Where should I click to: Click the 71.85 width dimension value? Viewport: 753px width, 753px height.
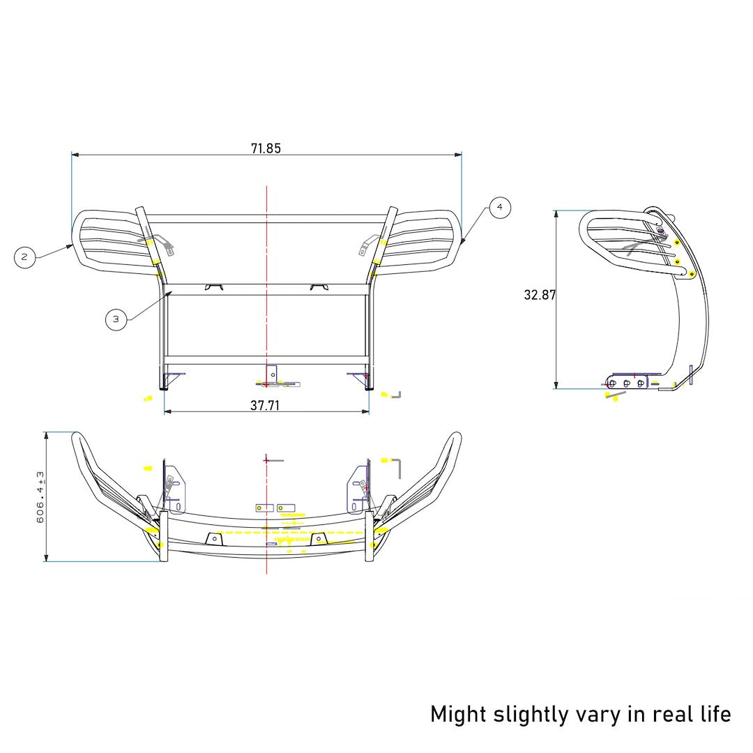click(x=266, y=148)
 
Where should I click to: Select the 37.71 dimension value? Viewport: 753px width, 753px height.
click(x=265, y=405)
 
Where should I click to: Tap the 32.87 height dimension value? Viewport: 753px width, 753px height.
click(x=540, y=295)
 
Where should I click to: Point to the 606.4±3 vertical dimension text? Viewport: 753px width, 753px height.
click(x=40, y=496)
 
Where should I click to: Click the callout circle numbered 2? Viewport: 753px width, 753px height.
click(x=24, y=257)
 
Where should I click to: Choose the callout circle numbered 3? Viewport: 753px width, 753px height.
click(x=116, y=320)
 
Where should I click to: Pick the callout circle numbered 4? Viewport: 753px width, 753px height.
click(x=500, y=208)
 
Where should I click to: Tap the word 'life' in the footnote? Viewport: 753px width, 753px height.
click(x=713, y=714)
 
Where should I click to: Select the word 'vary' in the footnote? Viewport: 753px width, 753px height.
click(x=601, y=715)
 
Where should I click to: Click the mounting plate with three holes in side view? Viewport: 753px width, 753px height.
click(x=627, y=382)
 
